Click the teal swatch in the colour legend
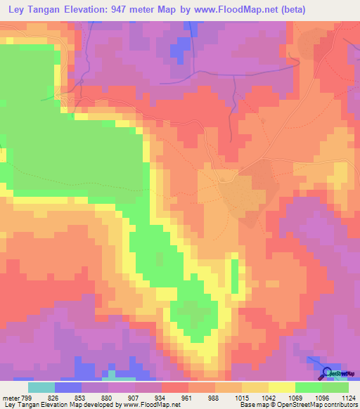[x=41, y=387]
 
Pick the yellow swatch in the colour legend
[x=282, y=387]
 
